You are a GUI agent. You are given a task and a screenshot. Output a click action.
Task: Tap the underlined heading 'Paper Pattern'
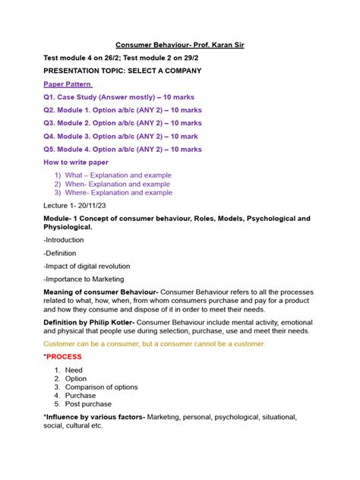click(68, 84)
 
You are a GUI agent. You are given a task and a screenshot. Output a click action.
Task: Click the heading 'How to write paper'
click(76, 163)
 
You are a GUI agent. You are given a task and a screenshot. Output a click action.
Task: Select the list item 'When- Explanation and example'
click(118, 184)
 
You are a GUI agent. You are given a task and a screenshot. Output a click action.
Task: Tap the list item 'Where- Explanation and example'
click(118, 193)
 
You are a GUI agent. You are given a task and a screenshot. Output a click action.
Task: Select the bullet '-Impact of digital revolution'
click(87, 266)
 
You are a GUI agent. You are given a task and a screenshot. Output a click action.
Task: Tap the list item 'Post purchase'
click(88, 404)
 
